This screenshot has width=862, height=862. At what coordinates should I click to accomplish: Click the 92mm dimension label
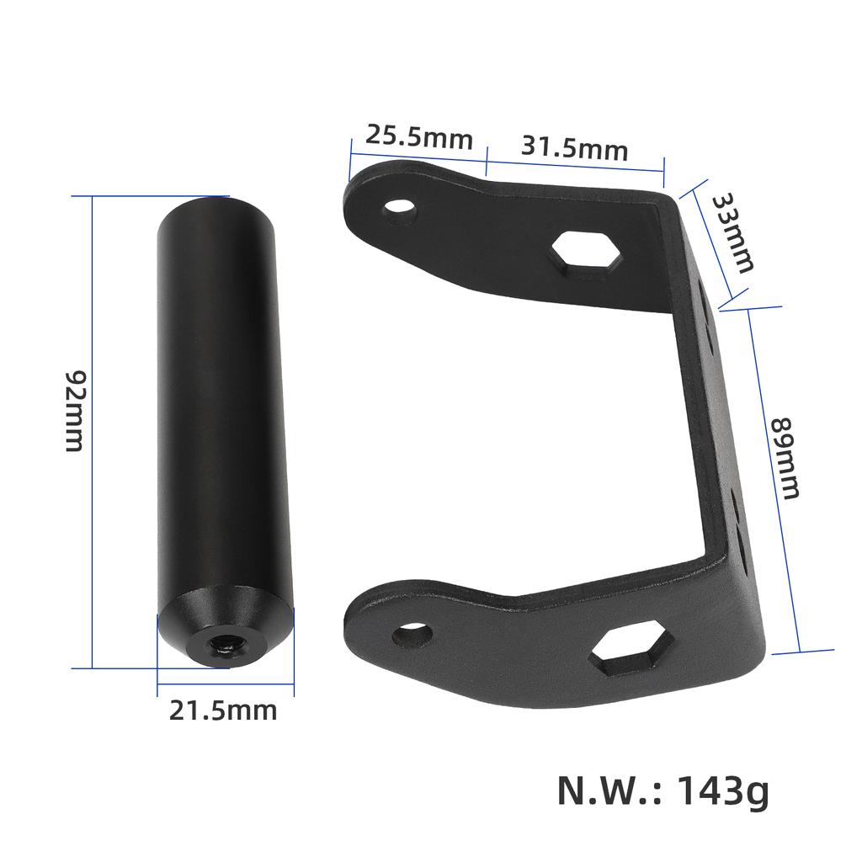point(75,410)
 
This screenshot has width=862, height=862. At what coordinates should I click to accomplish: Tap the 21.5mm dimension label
point(223,710)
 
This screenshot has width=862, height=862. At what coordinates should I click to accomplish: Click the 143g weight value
point(722,790)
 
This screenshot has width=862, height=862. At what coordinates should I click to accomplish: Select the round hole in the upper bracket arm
point(400,208)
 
